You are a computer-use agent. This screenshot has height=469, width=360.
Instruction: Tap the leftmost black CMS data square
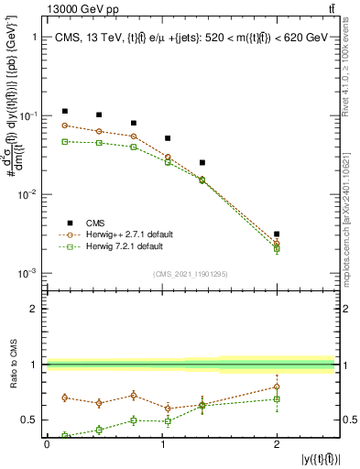pyautogui.click(x=64, y=111)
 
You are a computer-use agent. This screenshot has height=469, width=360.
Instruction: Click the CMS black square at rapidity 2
pyautogui.click(x=277, y=234)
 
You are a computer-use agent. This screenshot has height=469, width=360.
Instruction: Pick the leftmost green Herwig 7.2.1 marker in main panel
pyautogui.click(x=64, y=141)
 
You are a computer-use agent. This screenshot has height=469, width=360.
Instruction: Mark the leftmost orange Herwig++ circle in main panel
pyautogui.click(x=64, y=125)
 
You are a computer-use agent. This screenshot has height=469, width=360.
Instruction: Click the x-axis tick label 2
pyautogui.click(x=277, y=443)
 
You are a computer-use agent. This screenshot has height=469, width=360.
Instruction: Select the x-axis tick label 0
pyautogui.click(x=47, y=443)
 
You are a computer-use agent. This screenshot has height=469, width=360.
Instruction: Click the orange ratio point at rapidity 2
pyautogui.click(x=277, y=387)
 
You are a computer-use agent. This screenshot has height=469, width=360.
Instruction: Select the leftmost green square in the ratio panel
pyautogui.click(x=64, y=436)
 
